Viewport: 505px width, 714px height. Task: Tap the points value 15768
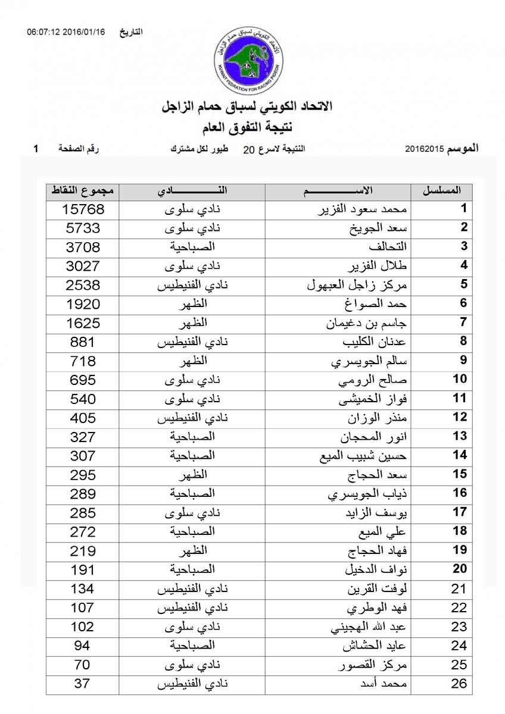tap(83, 209)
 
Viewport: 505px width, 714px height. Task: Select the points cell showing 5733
tap(83, 228)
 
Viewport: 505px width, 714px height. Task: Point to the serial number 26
tap(459, 684)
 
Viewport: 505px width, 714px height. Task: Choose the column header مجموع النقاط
tap(83, 191)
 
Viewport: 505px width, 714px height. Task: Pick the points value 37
tap(83, 684)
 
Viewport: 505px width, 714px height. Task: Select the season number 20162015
tap(425, 148)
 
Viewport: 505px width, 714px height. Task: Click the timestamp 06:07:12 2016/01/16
tap(66, 31)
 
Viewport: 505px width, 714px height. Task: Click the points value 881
tap(83, 342)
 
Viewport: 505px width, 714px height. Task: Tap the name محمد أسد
tap(387, 684)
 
